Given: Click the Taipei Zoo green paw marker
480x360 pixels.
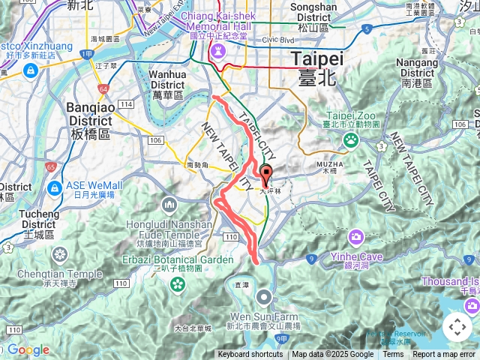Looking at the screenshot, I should (x=350, y=139).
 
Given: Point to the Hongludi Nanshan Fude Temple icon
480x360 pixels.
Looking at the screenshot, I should (x=170, y=204).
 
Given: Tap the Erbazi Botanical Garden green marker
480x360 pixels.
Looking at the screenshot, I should (x=178, y=283).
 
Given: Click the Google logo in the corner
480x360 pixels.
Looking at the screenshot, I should (x=28, y=349).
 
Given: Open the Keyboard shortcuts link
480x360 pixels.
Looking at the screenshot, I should (x=250, y=355).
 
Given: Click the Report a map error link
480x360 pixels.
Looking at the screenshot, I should (x=444, y=355).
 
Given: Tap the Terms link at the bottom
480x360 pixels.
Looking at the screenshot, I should (x=393, y=355).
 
